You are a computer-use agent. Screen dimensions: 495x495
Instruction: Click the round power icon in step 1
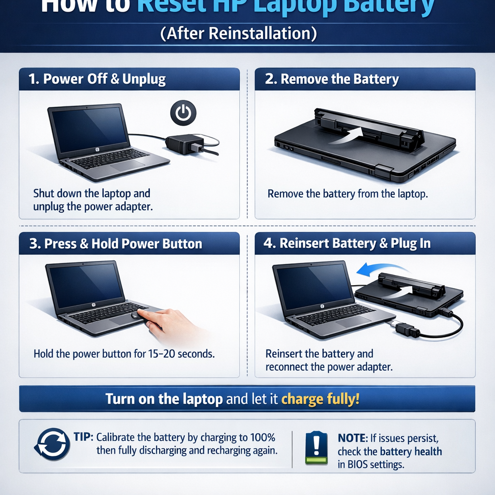tap(183, 113)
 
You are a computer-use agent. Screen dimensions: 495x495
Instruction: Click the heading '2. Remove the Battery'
tap(332, 79)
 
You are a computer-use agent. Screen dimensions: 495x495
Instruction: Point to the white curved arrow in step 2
tap(345, 135)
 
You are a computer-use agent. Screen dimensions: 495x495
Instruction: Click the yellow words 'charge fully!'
tap(320, 399)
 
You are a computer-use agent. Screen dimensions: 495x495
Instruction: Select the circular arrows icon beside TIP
tap(52, 444)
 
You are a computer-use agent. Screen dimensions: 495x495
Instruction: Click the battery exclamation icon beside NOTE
tap(316, 448)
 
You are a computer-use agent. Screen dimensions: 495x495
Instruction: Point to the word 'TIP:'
tap(83, 437)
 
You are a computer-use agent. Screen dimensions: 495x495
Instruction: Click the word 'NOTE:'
tap(352, 438)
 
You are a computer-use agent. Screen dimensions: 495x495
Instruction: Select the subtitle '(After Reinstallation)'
tap(239, 33)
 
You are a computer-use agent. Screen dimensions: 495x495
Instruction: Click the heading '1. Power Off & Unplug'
tap(97, 79)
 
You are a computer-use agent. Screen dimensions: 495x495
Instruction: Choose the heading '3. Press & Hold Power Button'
tap(116, 244)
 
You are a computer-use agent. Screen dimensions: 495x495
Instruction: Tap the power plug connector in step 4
tap(407, 329)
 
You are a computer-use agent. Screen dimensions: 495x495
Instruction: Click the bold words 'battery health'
tap(411, 451)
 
